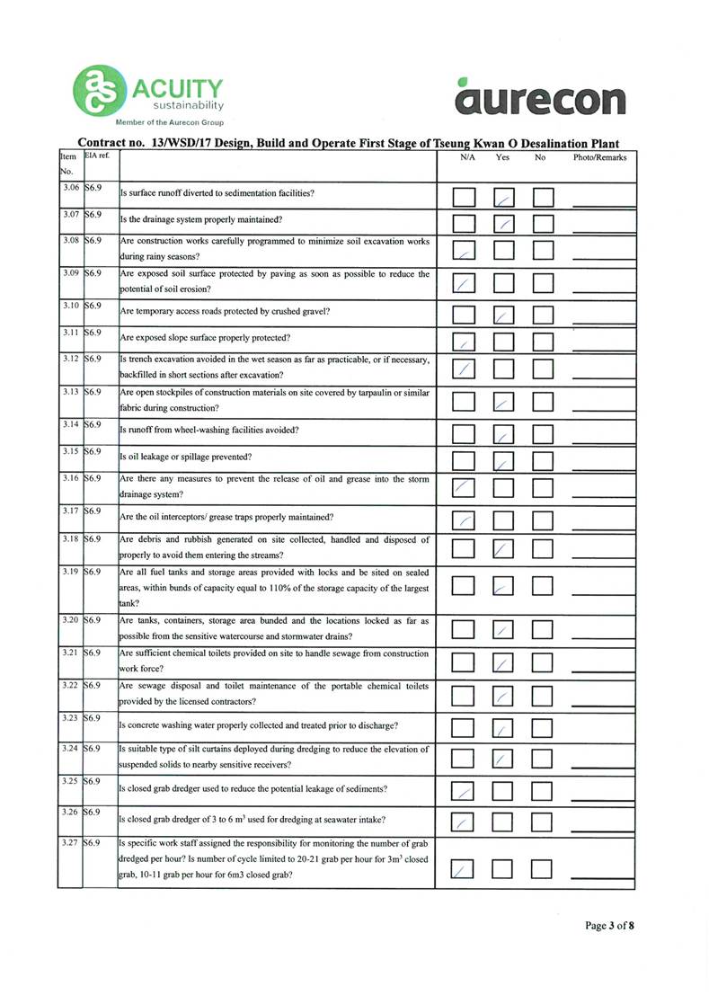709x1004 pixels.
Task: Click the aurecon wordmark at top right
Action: [540, 97]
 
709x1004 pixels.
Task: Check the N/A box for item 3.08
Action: [464, 253]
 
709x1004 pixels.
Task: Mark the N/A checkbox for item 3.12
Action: [464, 368]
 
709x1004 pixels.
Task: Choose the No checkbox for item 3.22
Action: [544, 695]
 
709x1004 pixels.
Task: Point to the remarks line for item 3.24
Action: [602, 765]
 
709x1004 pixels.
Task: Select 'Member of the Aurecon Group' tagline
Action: [168, 122]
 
